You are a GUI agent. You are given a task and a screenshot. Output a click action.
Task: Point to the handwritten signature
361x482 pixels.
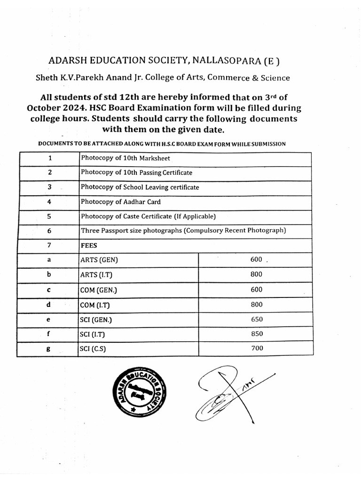[x=230, y=395]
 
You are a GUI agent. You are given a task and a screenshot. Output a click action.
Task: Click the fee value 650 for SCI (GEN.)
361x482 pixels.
[x=257, y=319]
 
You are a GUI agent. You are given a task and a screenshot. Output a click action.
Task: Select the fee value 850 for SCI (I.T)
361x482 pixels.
[x=257, y=334]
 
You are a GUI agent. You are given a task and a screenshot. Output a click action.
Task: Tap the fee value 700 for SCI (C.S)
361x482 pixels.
[x=257, y=348]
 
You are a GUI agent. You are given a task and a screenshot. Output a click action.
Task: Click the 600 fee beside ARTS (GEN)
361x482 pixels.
[x=257, y=259]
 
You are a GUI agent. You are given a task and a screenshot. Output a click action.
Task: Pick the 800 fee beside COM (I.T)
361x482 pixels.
[x=257, y=305]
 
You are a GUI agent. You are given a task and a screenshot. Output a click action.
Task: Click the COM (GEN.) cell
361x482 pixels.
[x=98, y=290]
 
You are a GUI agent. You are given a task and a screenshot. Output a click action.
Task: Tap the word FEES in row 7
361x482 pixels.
[x=89, y=245]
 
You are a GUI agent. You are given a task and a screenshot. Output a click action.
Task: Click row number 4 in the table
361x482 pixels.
[x=49, y=202]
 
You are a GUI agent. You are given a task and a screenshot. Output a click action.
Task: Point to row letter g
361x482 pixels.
[x=49, y=349]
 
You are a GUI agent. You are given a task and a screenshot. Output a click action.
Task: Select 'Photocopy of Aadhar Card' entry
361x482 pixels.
[x=121, y=202]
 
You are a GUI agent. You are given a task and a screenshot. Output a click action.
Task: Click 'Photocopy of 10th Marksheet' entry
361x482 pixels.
[x=126, y=158]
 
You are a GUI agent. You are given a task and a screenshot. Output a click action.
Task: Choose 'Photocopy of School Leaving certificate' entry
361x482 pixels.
[x=140, y=187]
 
